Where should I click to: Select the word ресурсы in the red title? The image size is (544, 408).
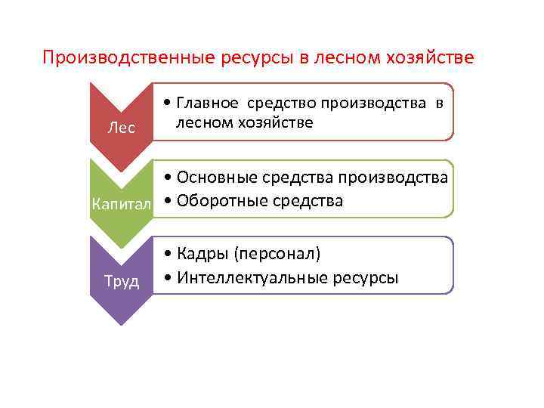point(259,58)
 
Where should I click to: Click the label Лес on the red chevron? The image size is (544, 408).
point(121,128)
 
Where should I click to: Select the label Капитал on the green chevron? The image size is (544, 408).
point(121,204)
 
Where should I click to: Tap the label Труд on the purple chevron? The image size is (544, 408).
point(121,281)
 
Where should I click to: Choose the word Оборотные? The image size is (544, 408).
point(218,201)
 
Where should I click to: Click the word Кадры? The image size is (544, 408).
point(201,253)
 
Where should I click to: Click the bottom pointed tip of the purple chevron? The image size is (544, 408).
point(120,323)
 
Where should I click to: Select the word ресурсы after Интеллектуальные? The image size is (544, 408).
point(365,277)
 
